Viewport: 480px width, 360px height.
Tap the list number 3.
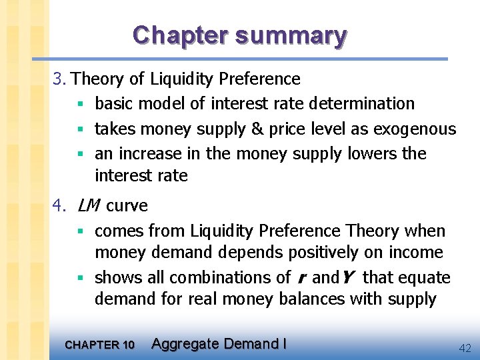coord(59,79)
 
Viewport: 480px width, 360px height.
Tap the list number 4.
coord(59,206)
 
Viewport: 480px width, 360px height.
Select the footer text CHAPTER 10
coord(99,345)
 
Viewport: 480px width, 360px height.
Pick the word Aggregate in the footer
coord(185,344)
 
